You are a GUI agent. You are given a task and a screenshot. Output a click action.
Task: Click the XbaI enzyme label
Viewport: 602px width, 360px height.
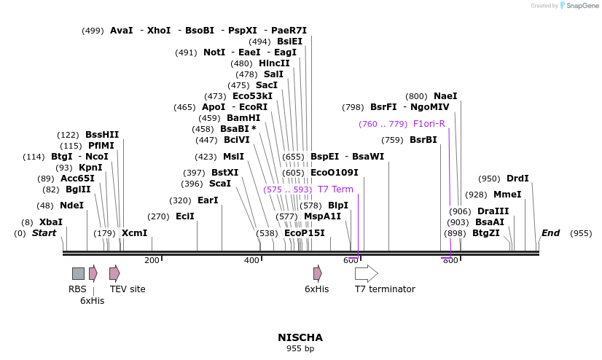pos(51,222)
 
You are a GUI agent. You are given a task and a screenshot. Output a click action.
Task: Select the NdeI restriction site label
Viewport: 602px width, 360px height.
pos(71,206)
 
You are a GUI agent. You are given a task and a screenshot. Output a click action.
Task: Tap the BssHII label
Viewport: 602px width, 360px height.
pos(102,135)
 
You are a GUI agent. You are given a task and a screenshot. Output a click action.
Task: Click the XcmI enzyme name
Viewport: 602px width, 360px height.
pos(134,233)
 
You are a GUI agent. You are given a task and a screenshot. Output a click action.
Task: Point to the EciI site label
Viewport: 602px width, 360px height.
pos(185,216)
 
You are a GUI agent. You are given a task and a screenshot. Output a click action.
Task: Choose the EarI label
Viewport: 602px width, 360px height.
pos(208,200)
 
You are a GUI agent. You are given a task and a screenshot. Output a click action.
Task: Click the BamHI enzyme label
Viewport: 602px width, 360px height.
pos(243,118)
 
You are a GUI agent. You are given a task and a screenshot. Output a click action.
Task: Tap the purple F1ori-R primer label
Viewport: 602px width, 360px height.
pos(429,124)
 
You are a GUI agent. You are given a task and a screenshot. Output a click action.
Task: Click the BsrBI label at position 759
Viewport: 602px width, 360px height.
pos(423,140)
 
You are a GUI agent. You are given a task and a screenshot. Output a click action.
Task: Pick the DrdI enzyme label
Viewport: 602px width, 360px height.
pos(517,179)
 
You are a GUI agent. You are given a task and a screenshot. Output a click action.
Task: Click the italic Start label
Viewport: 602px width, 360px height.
pos(44,233)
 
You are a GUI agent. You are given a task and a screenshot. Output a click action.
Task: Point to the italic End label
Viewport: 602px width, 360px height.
pos(550,233)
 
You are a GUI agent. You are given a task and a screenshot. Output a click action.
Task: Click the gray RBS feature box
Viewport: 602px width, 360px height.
pos(78,273)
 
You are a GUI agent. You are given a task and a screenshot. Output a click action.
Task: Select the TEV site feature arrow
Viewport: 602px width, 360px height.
pos(114,273)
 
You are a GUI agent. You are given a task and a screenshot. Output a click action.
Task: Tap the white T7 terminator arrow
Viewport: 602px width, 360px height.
pos(366,273)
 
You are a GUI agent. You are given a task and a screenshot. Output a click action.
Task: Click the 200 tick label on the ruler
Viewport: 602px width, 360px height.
pos(152,260)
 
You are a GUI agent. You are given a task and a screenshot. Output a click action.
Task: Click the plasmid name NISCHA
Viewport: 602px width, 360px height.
pos(300,337)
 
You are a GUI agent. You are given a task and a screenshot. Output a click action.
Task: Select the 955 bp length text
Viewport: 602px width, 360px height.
pos(300,349)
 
